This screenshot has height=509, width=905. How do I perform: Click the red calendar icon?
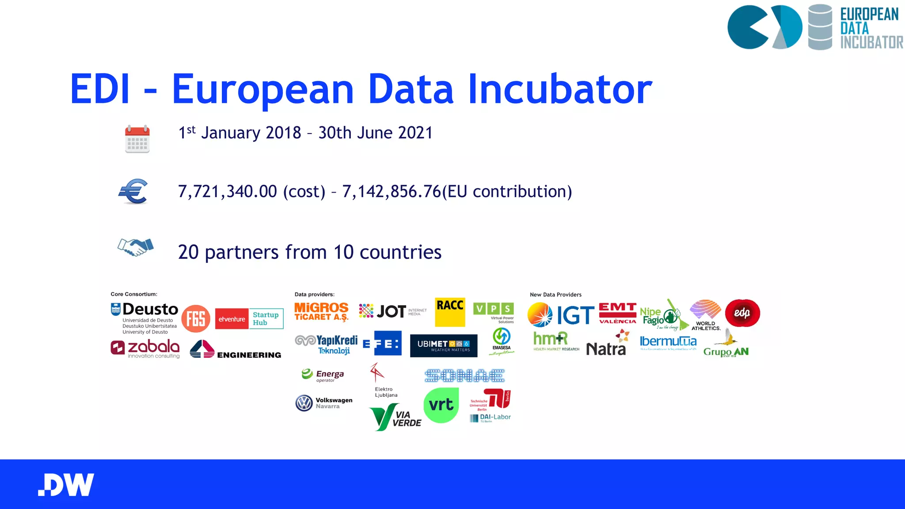(137, 139)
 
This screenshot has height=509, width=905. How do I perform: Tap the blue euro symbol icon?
(133, 191)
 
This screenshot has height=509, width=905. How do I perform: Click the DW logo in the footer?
(66, 485)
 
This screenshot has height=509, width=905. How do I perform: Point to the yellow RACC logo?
(450, 312)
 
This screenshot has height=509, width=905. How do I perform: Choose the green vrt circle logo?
(441, 405)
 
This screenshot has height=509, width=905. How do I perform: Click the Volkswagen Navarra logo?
(324, 403)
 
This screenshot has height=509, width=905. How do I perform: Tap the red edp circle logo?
(742, 313)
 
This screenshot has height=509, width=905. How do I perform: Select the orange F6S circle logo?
(196, 319)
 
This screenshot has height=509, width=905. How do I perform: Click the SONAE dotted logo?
(464, 376)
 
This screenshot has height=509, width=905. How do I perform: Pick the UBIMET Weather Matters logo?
(444, 346)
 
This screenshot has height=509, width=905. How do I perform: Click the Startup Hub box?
(266, 319)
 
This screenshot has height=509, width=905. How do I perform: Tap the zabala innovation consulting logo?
(145, 349)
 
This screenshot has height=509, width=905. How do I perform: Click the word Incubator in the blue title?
(559, 89)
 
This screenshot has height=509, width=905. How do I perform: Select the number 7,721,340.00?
(228, 191)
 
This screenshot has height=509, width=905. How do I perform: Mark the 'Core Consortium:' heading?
(134, 294)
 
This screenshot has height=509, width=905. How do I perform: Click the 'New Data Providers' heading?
(555, 295)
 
